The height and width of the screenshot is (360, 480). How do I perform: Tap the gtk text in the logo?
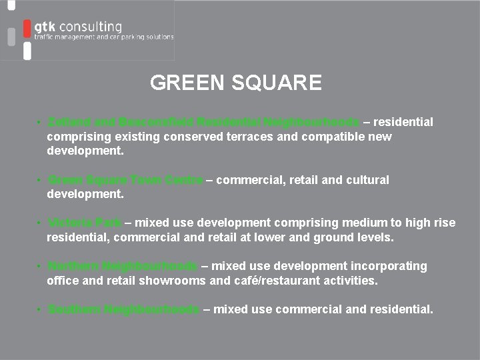point(45,26)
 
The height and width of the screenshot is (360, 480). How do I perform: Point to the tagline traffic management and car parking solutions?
point(104,37)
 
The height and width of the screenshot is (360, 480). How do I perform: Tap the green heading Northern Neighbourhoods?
point(123,266)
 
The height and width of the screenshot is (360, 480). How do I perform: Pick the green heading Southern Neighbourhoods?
point(123,309)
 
